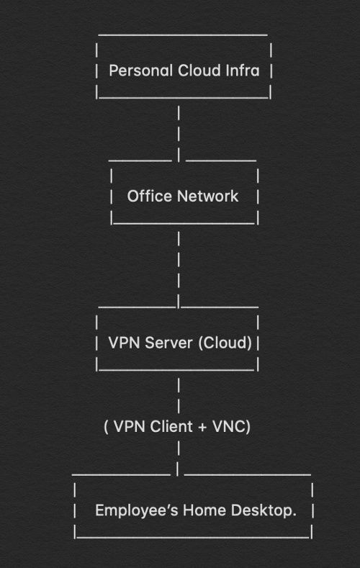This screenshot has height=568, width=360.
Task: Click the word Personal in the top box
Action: click(x=140, y=71)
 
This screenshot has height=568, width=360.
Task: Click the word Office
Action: click(x=149, y=196)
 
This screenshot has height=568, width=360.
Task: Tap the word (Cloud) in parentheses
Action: click(x=225, y=343)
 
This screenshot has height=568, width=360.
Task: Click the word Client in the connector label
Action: click(x=171, y=426)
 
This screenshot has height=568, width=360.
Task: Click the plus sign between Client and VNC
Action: click(x=202, y=427)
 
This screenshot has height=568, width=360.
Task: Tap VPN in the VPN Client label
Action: click(x=130, y=426)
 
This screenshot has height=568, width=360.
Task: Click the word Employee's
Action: click(x=137, y=510)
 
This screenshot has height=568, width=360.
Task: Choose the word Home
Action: click(x=204, y=510)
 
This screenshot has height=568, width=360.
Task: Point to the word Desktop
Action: click(x=261, y=510)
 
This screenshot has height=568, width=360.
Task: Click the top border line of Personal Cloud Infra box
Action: click(x=183, y=35)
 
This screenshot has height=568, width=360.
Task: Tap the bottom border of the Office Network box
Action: click(x=184, y=223)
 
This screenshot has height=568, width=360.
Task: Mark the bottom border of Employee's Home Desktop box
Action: click(x=193, y=537)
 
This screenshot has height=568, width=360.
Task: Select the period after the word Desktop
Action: click(x=294, y=515)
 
